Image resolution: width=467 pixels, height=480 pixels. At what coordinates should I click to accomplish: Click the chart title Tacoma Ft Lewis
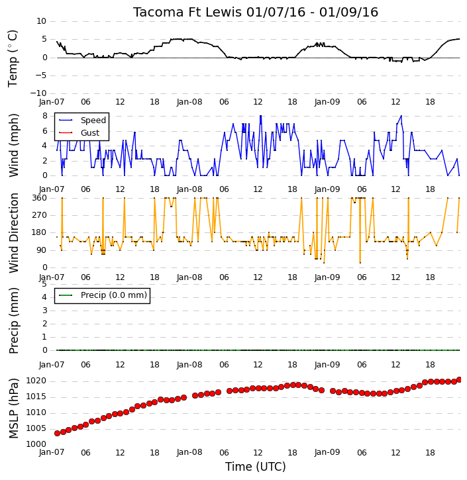point(187,12)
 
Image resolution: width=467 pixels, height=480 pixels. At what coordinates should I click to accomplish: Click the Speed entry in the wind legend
point(93,120)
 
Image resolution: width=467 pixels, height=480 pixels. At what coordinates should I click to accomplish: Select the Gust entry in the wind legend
point(90,133)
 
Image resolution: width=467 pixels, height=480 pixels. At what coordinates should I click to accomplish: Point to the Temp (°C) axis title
point(13,58)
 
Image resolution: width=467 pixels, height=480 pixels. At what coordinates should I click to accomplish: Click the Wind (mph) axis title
point(14,145)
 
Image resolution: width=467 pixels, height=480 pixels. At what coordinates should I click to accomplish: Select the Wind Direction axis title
point(14,232)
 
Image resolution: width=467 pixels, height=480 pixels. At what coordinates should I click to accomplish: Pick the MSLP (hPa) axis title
point(14,408)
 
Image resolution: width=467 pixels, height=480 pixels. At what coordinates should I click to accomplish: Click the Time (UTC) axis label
point(256,467)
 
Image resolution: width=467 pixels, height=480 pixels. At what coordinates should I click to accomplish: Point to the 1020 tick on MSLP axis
point(36,381)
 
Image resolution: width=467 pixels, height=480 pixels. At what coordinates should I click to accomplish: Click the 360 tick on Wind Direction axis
point(40,198)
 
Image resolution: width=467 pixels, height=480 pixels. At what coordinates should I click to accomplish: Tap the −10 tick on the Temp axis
point(38,93)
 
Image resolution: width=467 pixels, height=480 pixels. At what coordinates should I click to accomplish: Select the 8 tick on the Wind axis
point(45,116)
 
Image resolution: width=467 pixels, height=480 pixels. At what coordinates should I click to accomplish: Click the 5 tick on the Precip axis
point(44,284)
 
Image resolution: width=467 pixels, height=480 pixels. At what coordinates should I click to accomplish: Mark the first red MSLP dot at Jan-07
point(57,433)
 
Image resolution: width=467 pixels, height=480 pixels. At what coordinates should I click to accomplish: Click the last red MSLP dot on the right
point(459,379)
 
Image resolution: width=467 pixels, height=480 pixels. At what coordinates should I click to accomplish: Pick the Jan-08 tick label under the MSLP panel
point(189,452)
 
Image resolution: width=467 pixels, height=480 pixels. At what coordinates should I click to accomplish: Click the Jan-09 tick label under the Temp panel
point(327,102)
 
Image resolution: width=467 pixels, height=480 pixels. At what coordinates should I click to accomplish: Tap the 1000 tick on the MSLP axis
point(36,444)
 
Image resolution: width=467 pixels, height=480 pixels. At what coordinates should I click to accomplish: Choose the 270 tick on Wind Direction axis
point(40,215)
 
